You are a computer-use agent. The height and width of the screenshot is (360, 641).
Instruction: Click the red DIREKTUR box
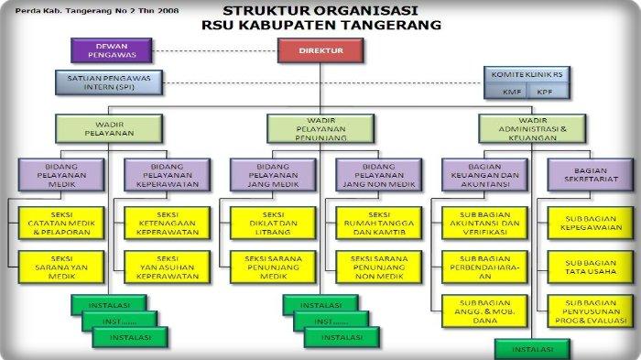320,50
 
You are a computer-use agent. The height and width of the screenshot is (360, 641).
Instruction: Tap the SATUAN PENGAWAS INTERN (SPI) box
107,84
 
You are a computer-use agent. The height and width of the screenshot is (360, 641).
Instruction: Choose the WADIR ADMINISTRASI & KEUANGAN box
532,125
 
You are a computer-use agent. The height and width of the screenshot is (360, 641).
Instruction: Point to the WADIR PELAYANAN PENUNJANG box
320,125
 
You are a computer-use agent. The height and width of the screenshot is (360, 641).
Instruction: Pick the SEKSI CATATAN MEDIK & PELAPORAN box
55,221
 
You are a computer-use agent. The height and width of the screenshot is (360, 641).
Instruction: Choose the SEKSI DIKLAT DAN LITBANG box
266,221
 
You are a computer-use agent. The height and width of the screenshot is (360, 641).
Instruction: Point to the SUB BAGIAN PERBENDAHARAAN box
478,267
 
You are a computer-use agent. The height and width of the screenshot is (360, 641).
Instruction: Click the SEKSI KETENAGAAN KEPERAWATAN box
161,221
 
